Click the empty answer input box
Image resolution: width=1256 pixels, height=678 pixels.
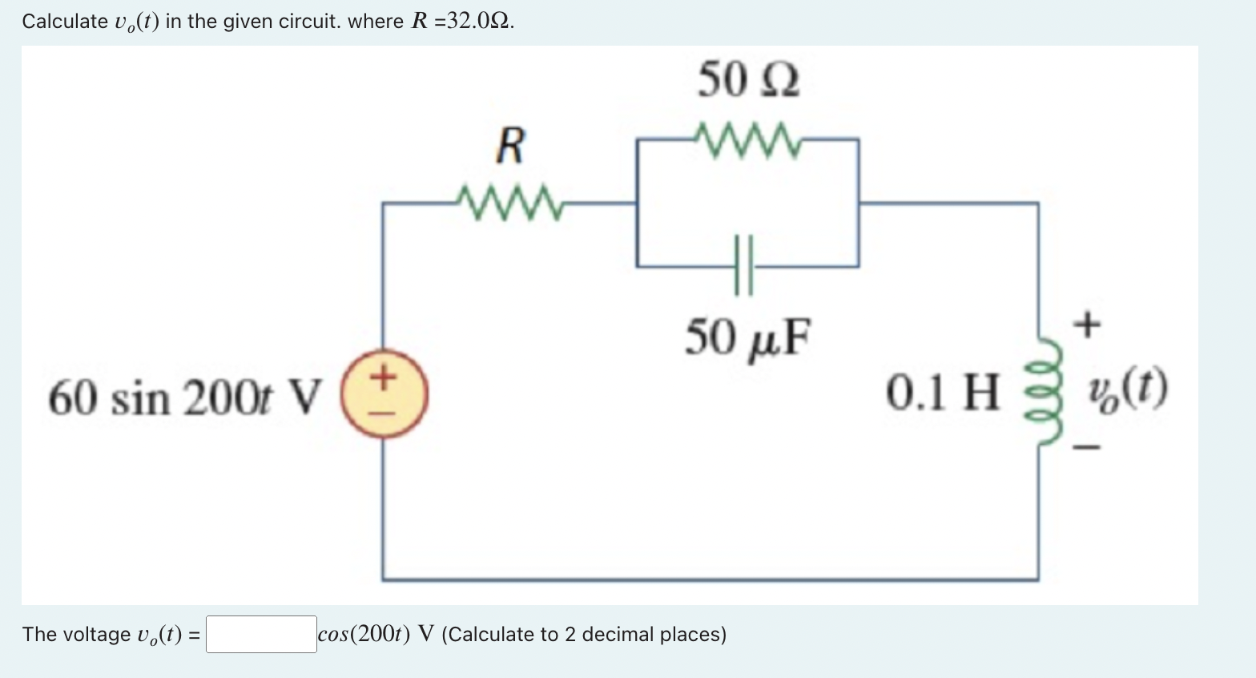click(x=261, y=634)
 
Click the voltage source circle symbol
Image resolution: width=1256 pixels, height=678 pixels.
click(x=384, y=398)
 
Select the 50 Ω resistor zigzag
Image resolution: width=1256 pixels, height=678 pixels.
click(x=747, y=139)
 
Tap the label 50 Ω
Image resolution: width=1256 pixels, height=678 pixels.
click(x=748, y=80)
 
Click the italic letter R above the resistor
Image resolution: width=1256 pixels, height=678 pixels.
click(x=510, y=146)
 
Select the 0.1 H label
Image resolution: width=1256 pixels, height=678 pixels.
click(x=943, y=393)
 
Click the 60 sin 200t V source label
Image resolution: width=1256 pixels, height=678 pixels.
click(x=185, y=398)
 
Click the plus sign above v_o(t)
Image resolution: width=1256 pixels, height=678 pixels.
click(x=1087, y=325)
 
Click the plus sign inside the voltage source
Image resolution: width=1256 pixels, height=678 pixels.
click(x=384, y=376)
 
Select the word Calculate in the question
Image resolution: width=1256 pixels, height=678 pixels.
click(x=64, y=22)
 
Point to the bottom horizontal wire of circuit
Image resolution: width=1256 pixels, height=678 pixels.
click(x=710, y=579)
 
